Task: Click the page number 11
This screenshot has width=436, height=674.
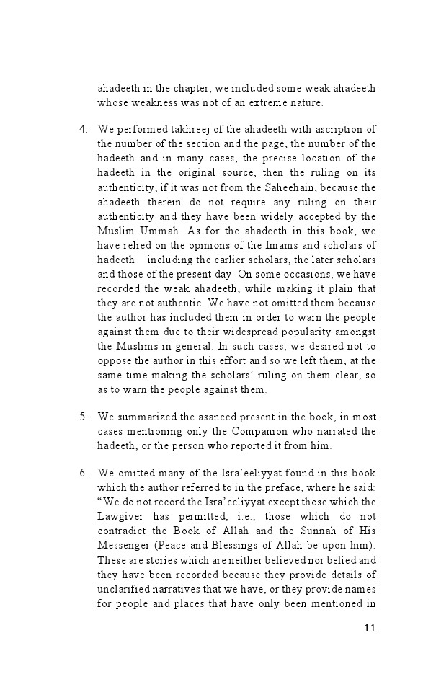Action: [370, 628]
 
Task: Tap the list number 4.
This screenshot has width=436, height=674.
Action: [83, 129]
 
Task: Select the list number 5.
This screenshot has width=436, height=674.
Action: [83, 417]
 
